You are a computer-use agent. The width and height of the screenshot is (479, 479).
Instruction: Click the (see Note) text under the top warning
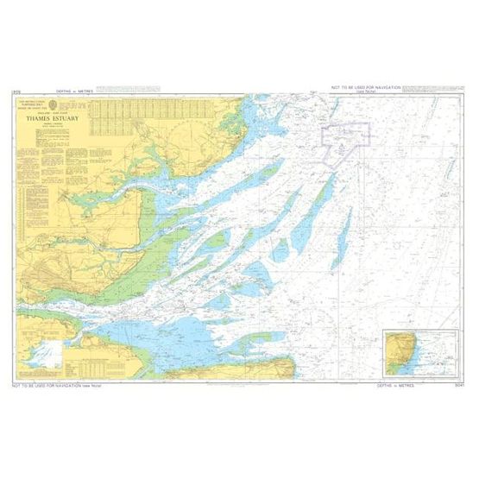pyautogui.click(x=374, y=93)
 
